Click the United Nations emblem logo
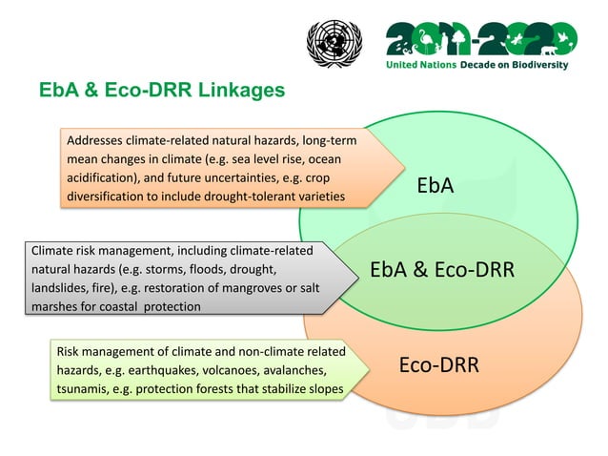click(334, 44)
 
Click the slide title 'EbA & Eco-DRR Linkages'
click(161, 92)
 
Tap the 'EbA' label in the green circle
click(435, 185)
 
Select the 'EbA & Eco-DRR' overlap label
click(442, 270)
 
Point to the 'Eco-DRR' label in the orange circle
click(438, 365)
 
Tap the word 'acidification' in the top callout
click(104, 178)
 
